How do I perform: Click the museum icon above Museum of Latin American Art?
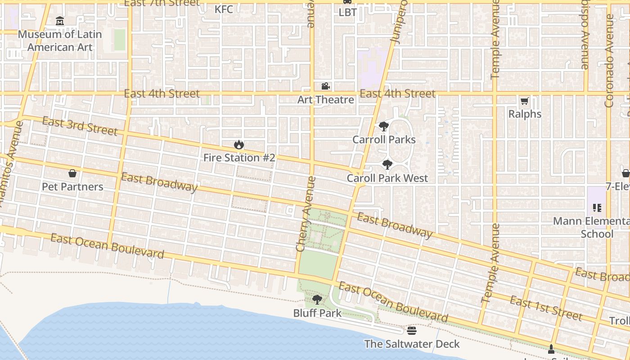(60, 21)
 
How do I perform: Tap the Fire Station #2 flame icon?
(239, 145)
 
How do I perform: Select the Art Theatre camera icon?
(325, 86)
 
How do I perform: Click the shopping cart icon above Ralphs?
(524, 101)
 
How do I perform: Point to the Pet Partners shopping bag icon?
(72, 173)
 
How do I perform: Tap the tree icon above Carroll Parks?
(383, 126)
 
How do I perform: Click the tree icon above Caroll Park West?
(387, 165)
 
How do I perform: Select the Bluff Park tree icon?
(317, 300)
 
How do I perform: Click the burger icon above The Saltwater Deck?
(411, 331)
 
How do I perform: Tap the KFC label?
(224, 9)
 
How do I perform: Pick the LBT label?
(347, 12)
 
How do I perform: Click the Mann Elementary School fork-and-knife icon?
(597, 208)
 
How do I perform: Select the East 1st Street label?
(546, 308)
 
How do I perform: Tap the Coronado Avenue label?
(609, 61)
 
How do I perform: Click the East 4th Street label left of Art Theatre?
(162, 94)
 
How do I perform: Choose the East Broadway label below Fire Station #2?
(159, 182)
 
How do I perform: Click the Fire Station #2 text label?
(239, 158)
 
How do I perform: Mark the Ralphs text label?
(525, 114)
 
